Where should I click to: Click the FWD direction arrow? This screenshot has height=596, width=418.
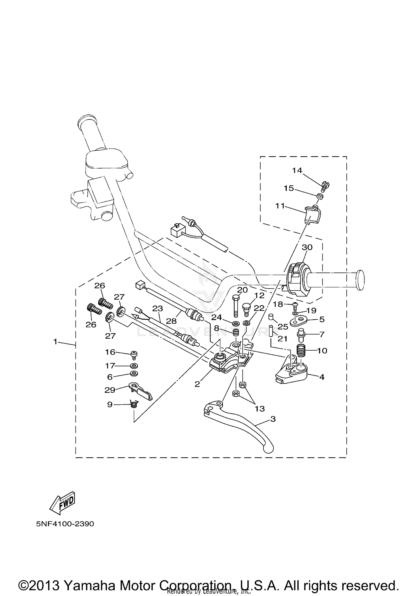point(62,503)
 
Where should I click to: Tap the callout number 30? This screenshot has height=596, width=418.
point(307,247)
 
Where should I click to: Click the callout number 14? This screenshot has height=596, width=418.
point(297,170)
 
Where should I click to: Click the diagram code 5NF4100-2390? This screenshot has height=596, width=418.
point(65,524)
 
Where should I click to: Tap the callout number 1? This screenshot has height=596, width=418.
point(55,341)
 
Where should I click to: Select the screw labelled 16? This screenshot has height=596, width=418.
point(134,354)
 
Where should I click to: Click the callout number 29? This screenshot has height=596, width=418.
point(110,390)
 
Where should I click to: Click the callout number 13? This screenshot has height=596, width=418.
point(260,409)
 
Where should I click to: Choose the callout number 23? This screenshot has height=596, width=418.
point(157,308)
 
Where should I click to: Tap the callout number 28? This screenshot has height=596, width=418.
point(171,321)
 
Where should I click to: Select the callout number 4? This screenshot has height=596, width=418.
point(322,377)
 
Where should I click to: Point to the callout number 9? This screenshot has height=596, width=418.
point(110,404)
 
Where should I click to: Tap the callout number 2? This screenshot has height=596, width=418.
point(197,384)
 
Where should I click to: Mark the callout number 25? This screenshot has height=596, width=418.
point(283,327)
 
